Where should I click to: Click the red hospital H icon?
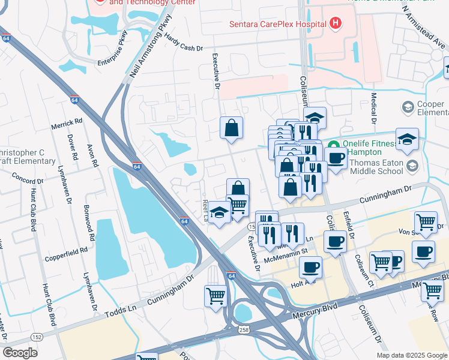click(x=336, y=24)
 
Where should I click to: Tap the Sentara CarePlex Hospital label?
click(x=277, y=25)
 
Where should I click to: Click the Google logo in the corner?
click(x=20, y=353)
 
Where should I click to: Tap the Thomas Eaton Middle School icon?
click(x=412, y=165)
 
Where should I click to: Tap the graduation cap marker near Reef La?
click(x=220, y=214)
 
